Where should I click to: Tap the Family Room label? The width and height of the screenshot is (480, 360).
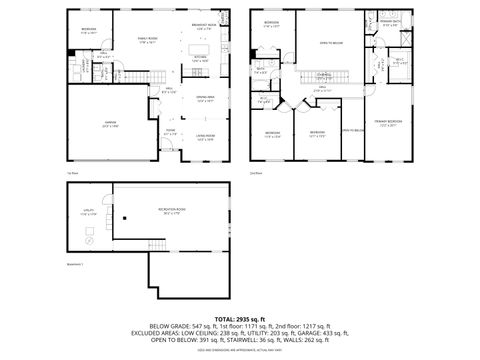point(149,40)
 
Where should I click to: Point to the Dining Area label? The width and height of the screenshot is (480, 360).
point(204,99)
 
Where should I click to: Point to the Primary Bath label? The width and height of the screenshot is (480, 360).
point(391,23)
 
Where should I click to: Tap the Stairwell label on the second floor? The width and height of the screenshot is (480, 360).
point(325,74)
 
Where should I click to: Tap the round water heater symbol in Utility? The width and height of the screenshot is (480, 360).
point(87,242)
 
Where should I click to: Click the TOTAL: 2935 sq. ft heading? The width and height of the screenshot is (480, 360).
point(240,318)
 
